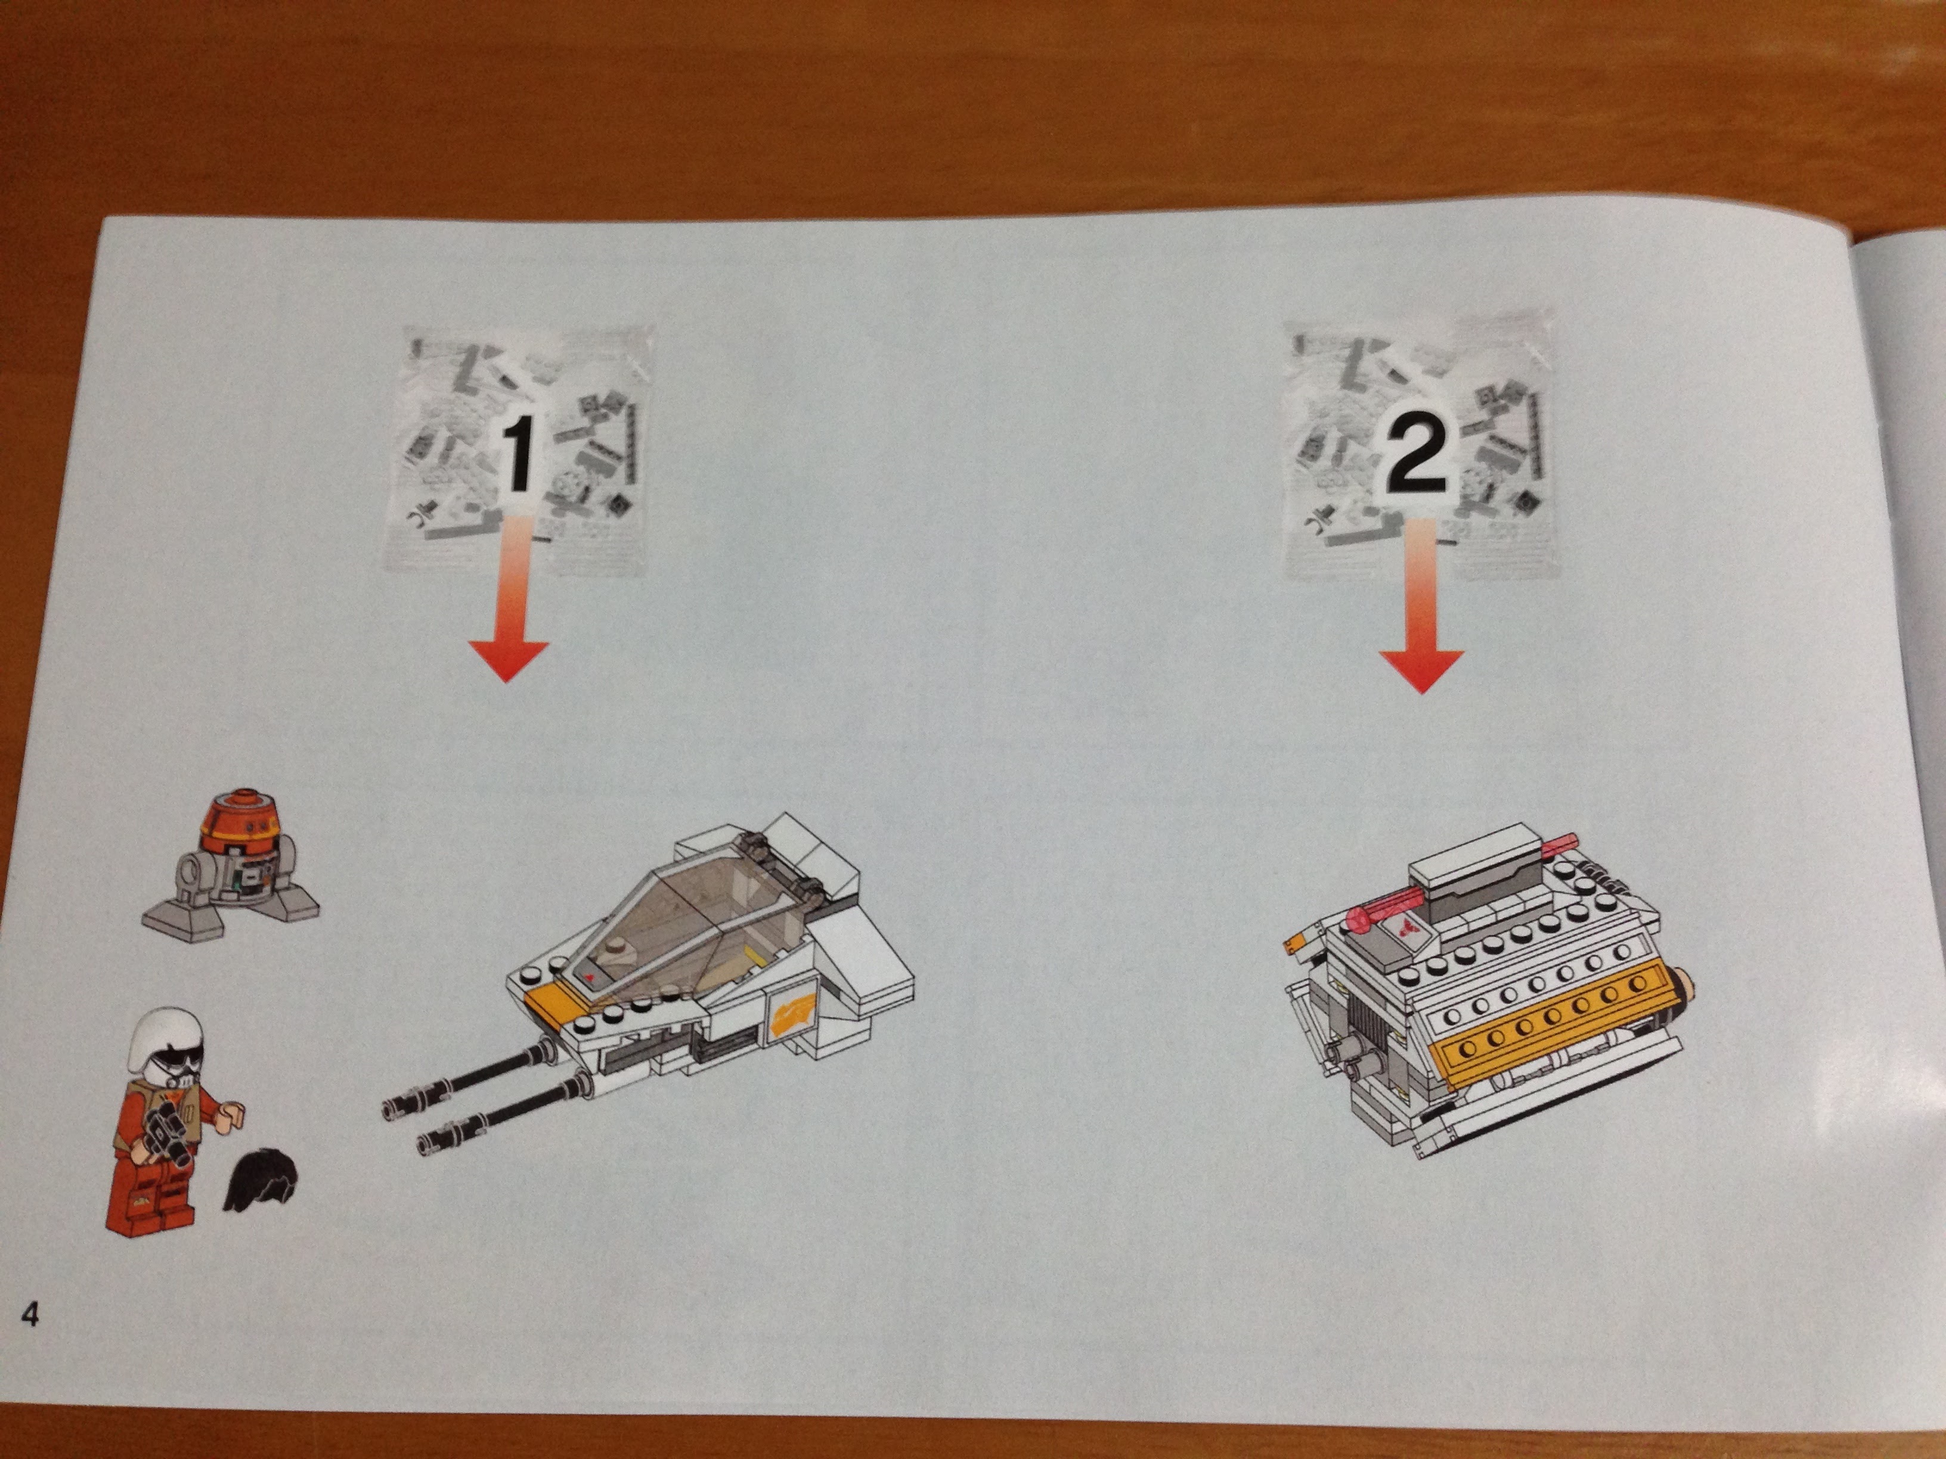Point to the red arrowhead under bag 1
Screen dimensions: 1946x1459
[509, 660]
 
